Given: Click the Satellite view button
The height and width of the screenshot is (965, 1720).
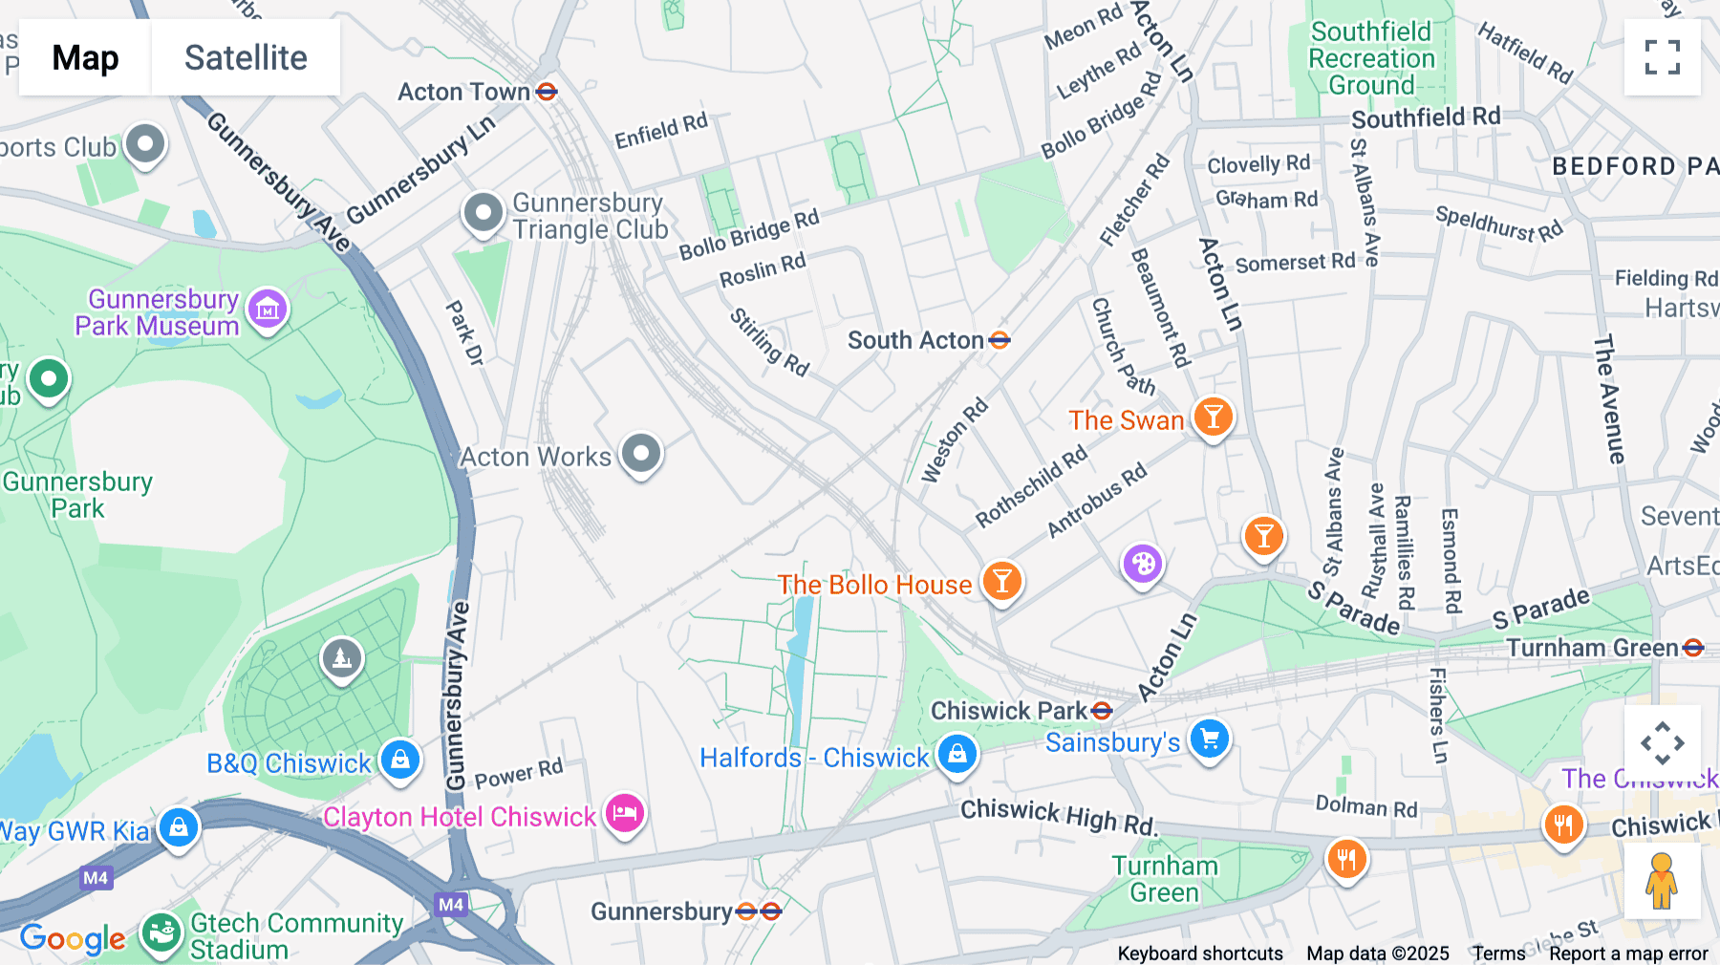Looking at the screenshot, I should [246, 57].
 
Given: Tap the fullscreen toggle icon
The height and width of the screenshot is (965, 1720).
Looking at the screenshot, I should [1662, 57].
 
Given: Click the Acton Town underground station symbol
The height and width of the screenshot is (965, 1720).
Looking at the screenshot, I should [547, 92].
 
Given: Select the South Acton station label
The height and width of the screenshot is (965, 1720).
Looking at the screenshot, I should [915, 340].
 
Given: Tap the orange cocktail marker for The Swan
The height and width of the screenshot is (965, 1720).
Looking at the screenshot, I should [1213, 417].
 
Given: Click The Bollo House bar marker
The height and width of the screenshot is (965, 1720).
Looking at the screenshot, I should [1001, 580].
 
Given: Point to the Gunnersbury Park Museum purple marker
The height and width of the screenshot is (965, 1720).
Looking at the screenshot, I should [268, 309].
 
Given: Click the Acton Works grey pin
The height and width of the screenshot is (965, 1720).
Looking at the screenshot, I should [640, 453].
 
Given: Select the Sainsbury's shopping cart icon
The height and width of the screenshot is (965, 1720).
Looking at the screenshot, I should [1210, 739].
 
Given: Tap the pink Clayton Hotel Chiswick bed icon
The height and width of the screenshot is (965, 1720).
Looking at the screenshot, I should [625, 813].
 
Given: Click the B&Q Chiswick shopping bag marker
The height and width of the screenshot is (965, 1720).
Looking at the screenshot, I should [400, 760].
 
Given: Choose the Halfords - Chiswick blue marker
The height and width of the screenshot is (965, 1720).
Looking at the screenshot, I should [957, 754].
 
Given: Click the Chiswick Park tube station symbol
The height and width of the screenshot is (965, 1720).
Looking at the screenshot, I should [1102, 711].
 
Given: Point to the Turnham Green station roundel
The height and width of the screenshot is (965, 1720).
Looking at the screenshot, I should [1693, 648].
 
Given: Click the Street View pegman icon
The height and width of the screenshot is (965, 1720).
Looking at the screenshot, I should [1662, 880].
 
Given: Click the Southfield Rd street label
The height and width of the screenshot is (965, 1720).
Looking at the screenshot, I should [1425, 118].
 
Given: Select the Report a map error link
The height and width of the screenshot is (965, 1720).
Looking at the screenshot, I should [1628, 954].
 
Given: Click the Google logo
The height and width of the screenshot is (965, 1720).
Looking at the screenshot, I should [73, 939].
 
